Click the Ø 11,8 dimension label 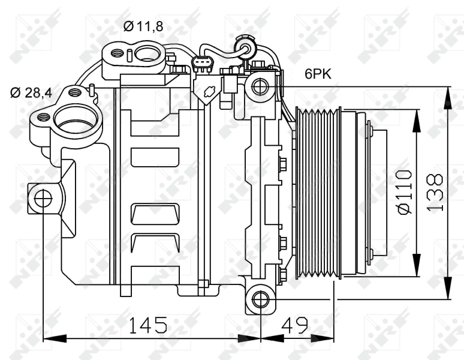click(143, 26)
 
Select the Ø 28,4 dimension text click(31, 92)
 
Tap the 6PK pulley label click(318, 74)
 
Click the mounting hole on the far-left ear click(43, 197)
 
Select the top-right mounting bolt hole click(260, 87)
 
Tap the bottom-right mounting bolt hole click(260, 299)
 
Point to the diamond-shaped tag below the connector click(207, 93)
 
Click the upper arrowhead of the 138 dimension click(447, 93)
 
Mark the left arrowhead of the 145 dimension click(49, 338)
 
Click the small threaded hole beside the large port click(44, 117)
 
